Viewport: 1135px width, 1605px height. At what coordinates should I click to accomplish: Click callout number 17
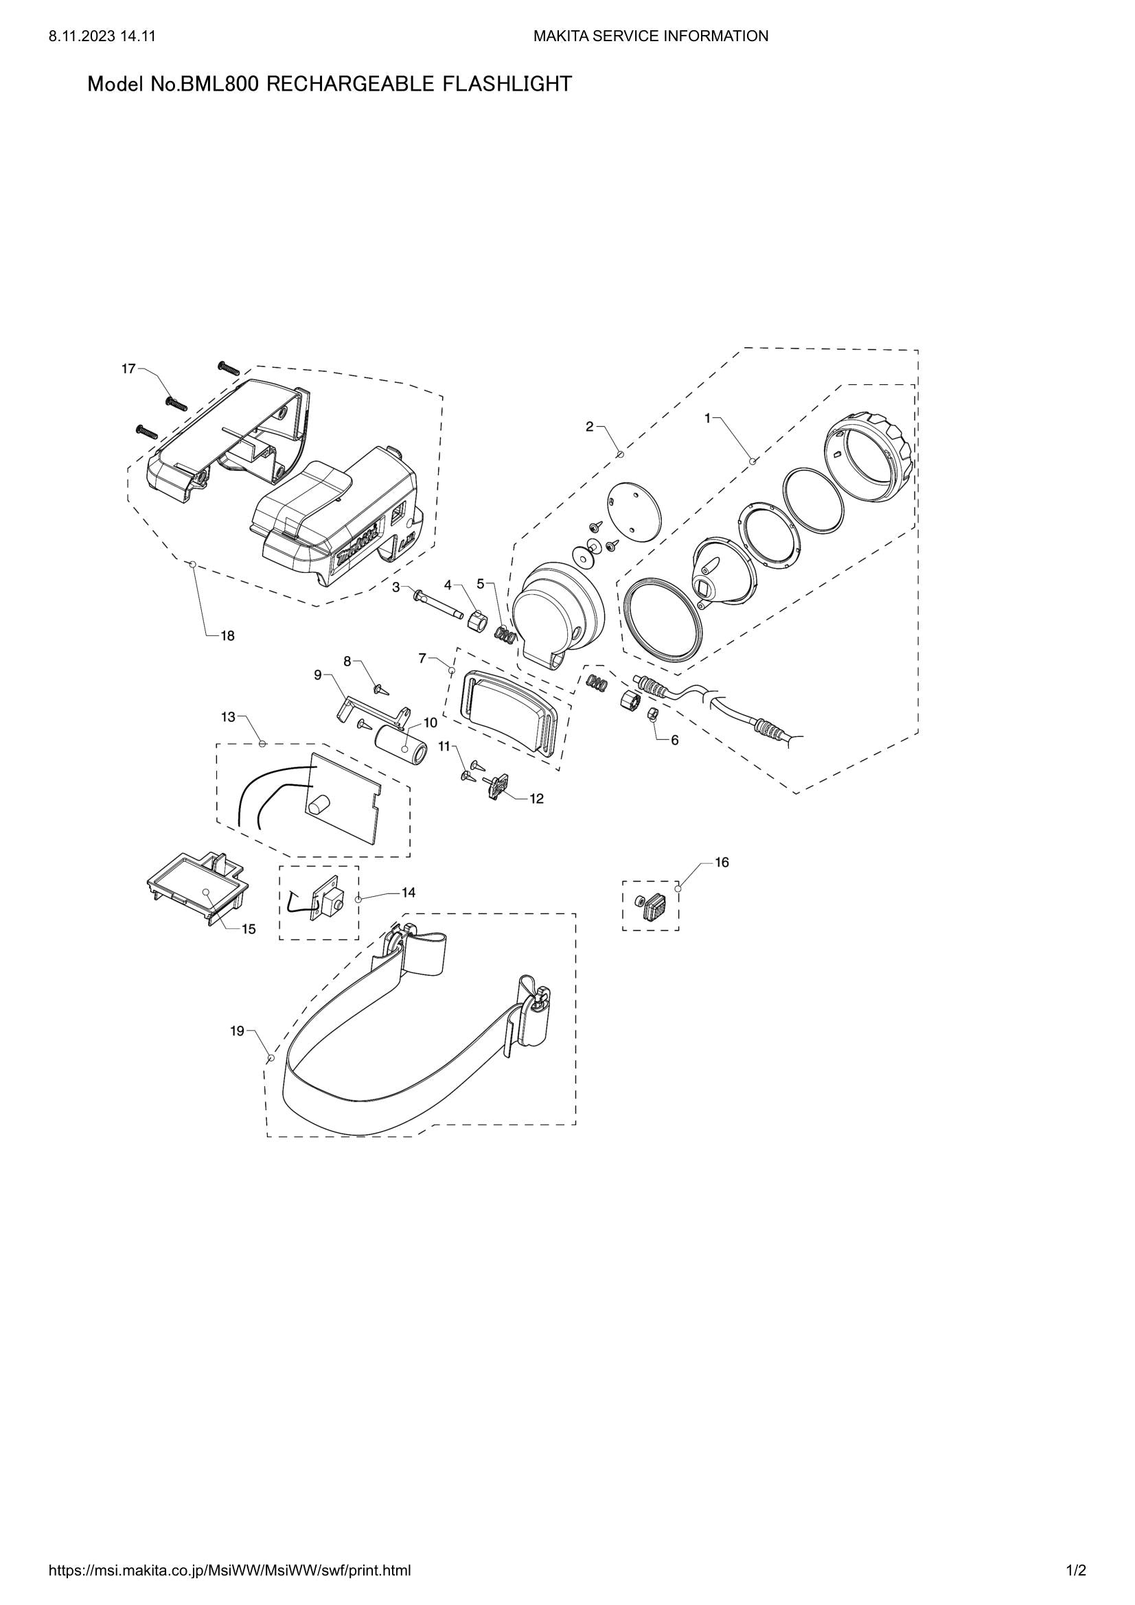(x=128, y=368)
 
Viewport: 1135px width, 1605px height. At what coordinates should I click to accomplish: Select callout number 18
(x=227, y=636)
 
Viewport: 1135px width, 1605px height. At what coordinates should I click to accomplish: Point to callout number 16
(x=721, y=863)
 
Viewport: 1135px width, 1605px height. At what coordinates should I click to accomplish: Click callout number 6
(x=674, y=740)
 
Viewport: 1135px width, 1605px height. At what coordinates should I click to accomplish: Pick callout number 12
(x=536, y=798)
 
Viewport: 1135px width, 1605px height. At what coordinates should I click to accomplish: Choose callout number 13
(x=229, y=716)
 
